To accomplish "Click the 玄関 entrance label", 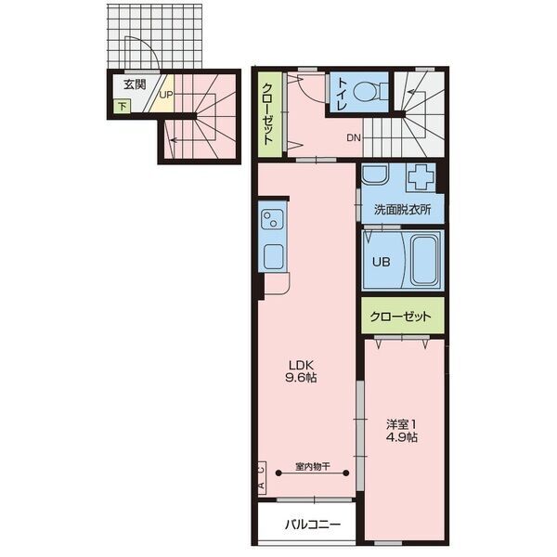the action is tap(135, 84).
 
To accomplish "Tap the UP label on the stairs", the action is tap(166, 96).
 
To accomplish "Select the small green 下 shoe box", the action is tap(123, 106).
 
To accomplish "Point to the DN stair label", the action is tap(354, 137).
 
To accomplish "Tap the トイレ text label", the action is tap(342, 93).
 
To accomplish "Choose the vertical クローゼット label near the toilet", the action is tap(268, 113).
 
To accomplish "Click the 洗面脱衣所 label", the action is tap(403, 210).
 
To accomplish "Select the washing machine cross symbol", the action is tap(421, 176).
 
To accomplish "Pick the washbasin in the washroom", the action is tap(375, 175).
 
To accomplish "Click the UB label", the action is tap(382, 262).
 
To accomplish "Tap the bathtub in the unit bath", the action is tap(424, 259).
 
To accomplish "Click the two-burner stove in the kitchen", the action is tap(272, 219).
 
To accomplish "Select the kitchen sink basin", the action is tap(274, 256).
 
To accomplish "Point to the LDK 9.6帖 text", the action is tap(301, 371).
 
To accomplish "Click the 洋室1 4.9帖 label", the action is tap(402, 431).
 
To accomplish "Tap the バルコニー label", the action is tap(313, 525).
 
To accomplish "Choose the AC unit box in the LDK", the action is tap(262, 478).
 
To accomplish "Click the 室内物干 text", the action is tap(313, 466).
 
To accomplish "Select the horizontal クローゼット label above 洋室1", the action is tap(400, 317).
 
